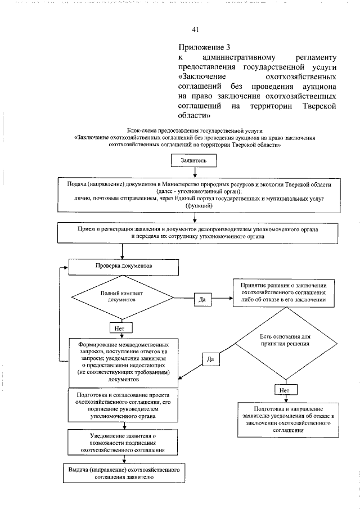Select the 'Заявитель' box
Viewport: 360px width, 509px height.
pyautogui.click(x=193, y=160)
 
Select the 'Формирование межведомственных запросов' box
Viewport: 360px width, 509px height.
pyautogui.click(x=123, y=362)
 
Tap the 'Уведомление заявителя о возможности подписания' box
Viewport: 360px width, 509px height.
pyautogui.click(x=123, y=443)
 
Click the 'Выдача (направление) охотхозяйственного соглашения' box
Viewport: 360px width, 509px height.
pyautogui.click(x=123, y=472)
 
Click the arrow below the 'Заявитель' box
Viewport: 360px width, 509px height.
pyautogui.click(x=194, y=172)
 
